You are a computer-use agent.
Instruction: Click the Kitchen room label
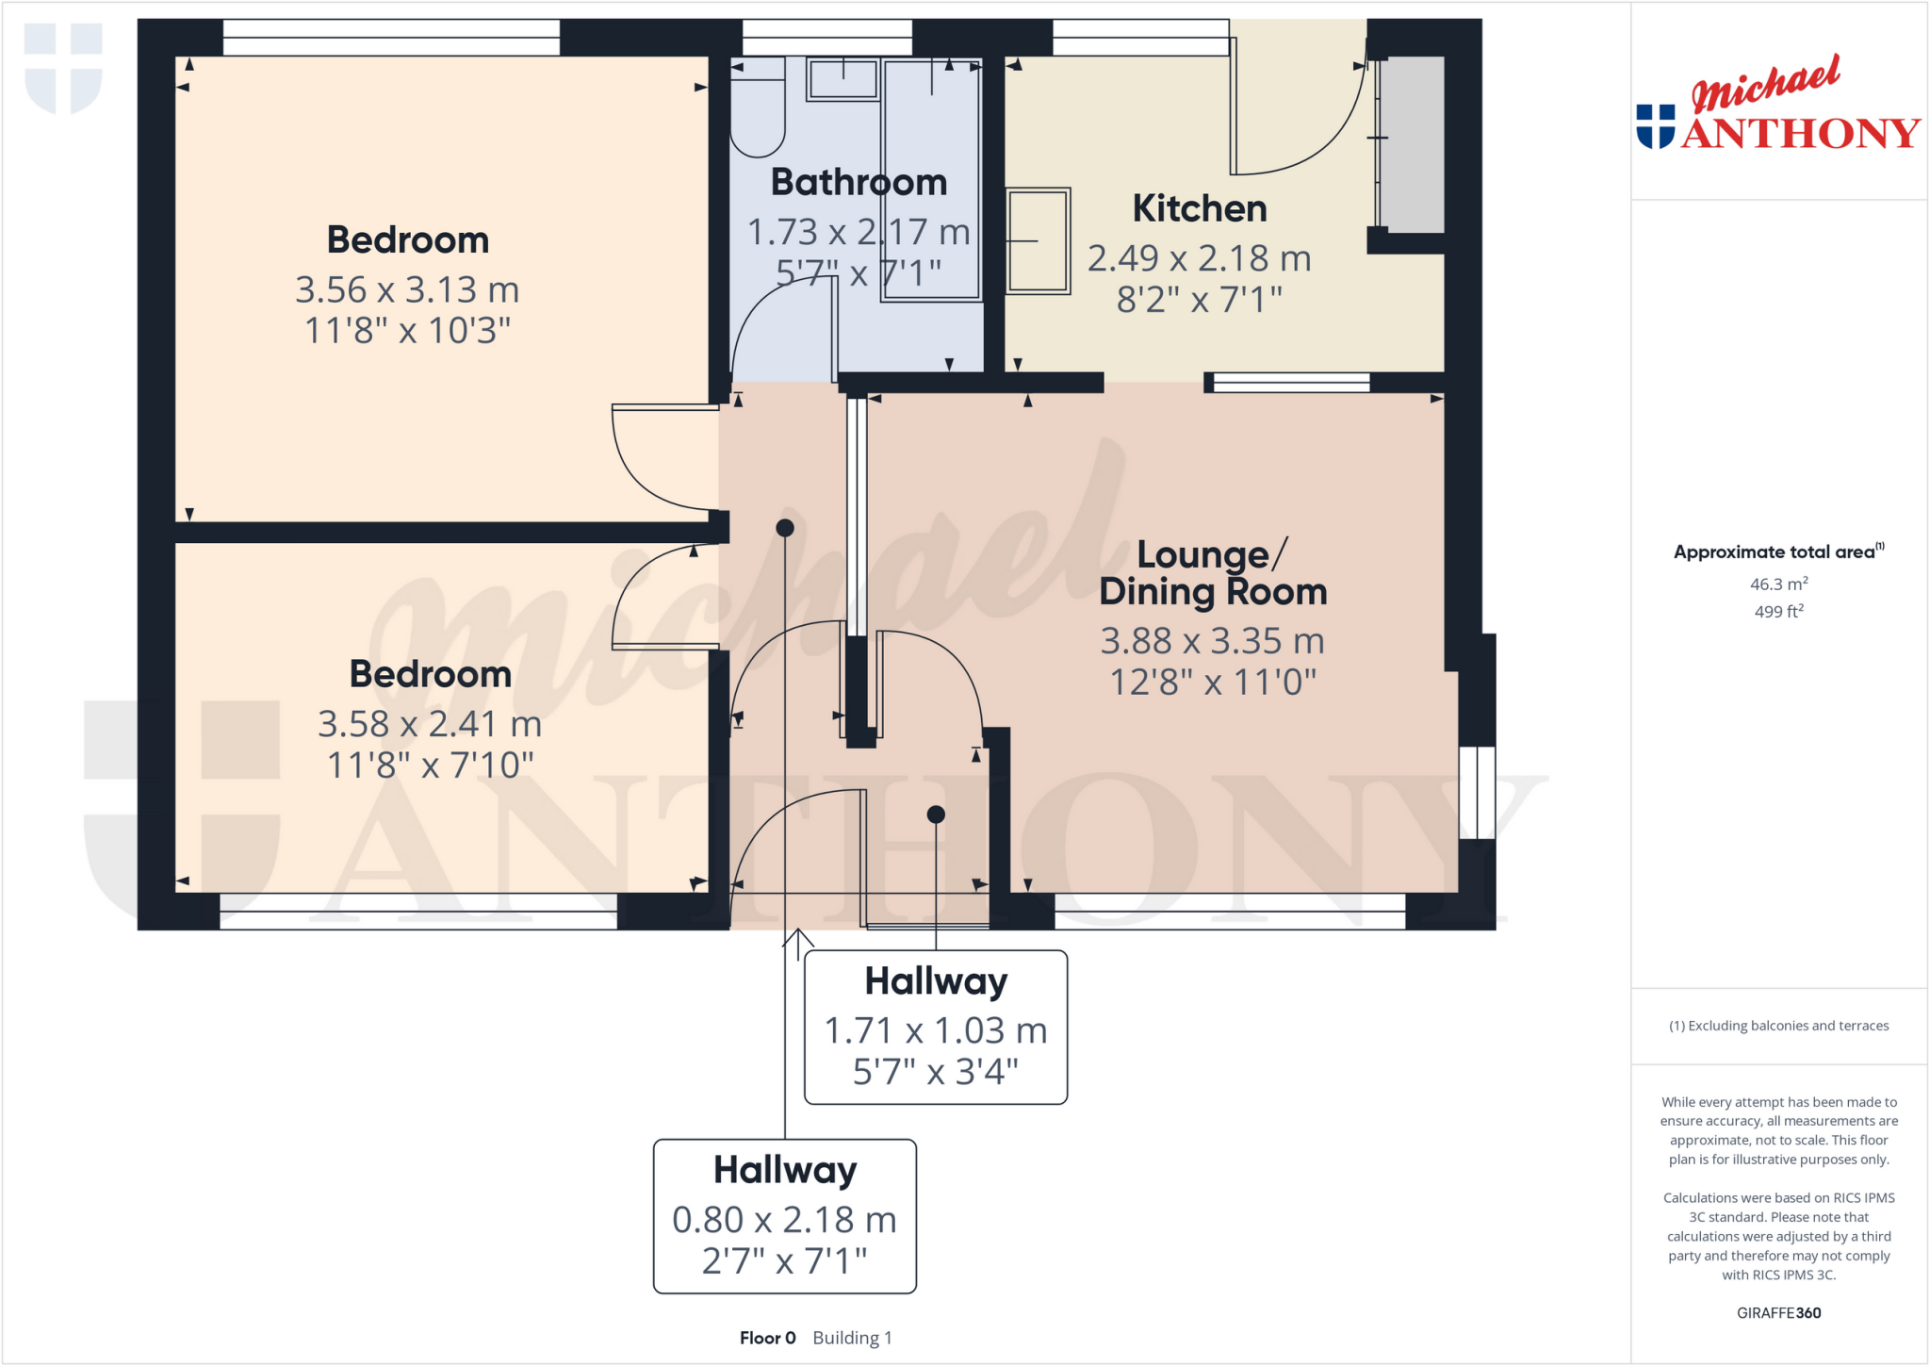[1199, 208]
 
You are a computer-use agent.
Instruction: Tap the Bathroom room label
[859, 182]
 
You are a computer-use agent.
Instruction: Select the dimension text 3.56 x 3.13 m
[407, 289]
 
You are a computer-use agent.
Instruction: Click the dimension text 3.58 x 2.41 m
[430, 724]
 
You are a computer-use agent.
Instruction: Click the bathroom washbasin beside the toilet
[842, 78]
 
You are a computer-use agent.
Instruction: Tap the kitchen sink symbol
[1038, 241]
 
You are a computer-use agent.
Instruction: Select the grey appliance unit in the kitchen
[1411, 143]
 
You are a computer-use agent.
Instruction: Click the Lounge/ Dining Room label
[1213, 573]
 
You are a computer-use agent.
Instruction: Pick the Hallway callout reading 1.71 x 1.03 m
[936, 1028]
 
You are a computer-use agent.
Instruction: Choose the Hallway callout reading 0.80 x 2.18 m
[784, 1216]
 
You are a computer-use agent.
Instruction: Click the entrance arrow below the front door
[798, 944]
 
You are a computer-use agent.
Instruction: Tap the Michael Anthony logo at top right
[1777, 106]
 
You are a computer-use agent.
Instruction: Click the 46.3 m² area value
[1778, 584]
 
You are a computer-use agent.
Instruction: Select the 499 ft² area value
[1778, 612]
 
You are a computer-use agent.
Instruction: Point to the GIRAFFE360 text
[1778, 1312]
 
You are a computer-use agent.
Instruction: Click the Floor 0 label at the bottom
[767, 1338]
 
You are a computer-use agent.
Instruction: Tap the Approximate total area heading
[1775, 552]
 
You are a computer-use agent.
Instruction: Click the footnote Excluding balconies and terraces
[1778, 1026]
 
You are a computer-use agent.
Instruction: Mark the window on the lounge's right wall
[1477, 793]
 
